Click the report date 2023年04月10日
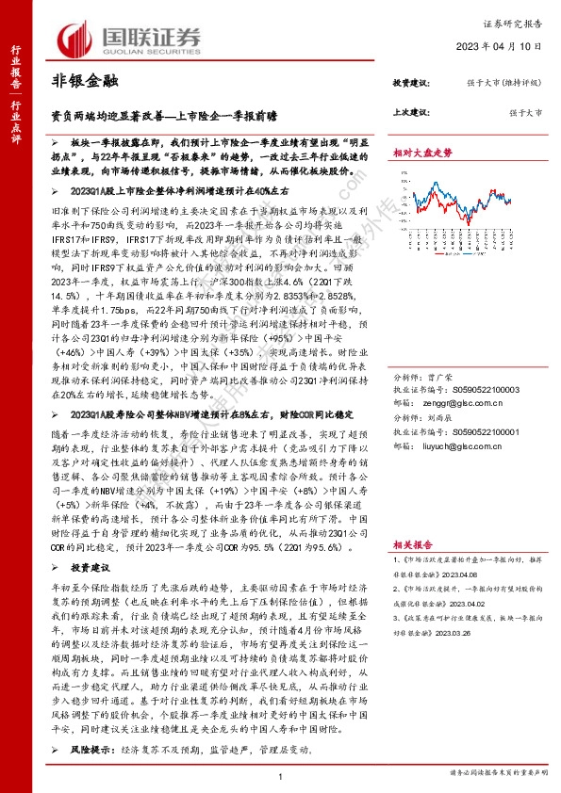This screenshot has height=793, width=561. click(506, 46)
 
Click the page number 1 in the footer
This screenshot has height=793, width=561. click(281, 775)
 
